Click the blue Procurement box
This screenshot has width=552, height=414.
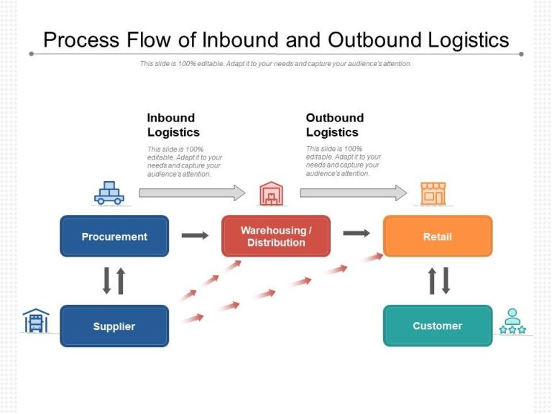(x=114, y=236)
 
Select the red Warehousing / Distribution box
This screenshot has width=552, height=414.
(x=276, y=236)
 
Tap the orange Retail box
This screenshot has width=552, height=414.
(x=438, y=236)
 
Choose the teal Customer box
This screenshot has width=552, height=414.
(x=438, y=326)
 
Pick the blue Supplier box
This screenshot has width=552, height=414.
(x=114, y=326)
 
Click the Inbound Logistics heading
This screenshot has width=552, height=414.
(x=173, y=125)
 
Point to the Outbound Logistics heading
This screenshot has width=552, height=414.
(x=335, y=125)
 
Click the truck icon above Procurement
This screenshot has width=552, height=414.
(x=109, y=193)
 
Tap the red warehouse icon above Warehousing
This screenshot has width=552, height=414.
(x=271, y=193)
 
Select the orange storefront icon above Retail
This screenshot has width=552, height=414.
(x=433, y=193)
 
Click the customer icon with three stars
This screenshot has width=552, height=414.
(x=512, y=321)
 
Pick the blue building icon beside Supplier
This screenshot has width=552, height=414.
(x=36, y=321)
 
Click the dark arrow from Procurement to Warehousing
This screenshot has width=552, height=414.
(x=195, y=235)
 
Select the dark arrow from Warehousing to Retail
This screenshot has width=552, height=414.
(x=356, y=233)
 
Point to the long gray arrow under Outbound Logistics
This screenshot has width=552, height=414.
(x=353, y=193)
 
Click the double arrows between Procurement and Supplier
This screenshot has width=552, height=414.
(x=114, y=280)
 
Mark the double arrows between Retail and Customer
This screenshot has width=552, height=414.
(x=438, y=280)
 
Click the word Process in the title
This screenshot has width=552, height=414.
(x=80, y=40)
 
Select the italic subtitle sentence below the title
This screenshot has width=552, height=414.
(x=276, y=64)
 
